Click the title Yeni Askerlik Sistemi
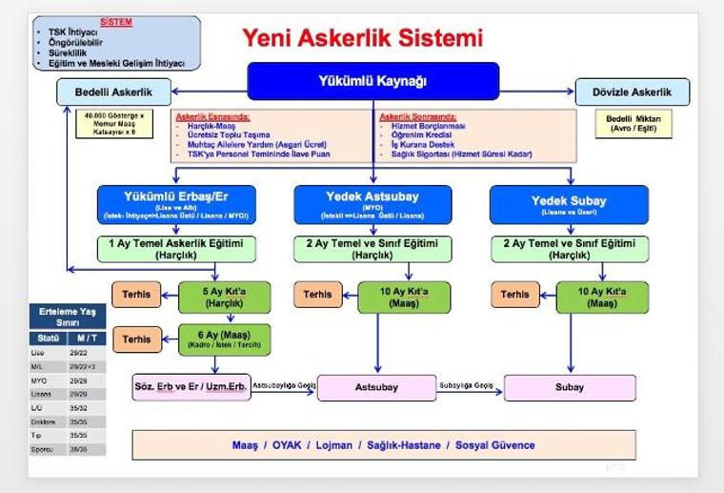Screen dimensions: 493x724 [361, 38]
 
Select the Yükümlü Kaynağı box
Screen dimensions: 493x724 [372, 81]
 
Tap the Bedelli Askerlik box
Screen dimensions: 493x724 [115, 92]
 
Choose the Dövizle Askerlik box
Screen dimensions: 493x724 [633, 92]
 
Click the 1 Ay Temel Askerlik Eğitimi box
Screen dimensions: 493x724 [176, 248]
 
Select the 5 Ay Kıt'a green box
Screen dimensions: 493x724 [225, 295]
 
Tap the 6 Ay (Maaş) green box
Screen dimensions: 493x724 [225, 339]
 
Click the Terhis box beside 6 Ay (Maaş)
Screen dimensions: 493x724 [137, 339]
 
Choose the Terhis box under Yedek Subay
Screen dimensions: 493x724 [515, 295]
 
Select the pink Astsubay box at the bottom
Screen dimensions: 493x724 [375, 388]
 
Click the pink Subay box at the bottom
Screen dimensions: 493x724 [570, 388]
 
